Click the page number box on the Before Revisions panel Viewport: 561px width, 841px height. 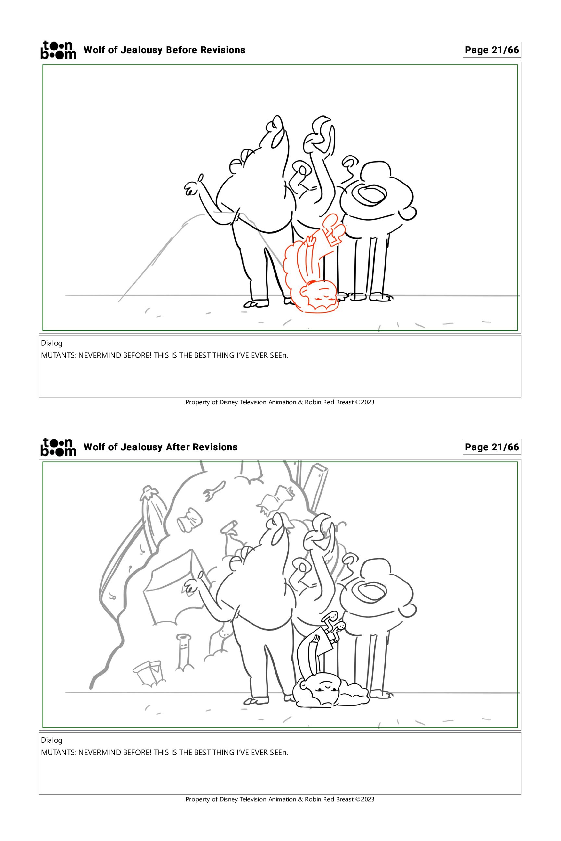click(x=492, y=50)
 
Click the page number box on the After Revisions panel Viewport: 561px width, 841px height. click(x=492, y=447)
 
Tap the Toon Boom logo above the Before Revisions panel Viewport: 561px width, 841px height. click(x=58, y=50)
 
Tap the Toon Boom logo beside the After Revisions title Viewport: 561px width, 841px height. click(x=58, y=447)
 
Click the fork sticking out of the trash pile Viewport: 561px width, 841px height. click(x=214, y=490)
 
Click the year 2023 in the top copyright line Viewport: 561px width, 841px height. click(x=368, y=402)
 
